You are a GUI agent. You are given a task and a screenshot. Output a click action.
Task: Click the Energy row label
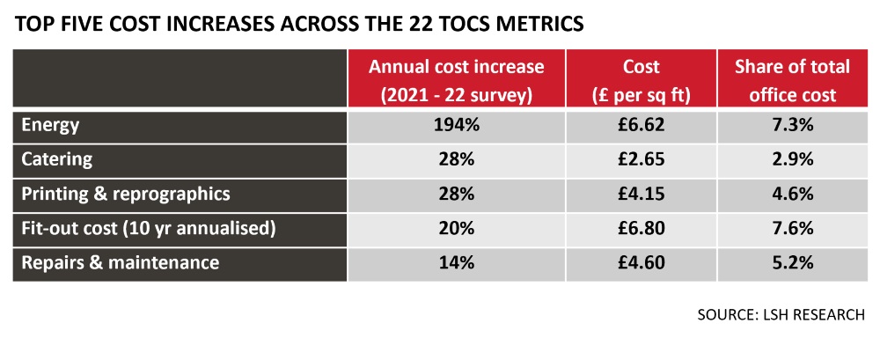[x=51, y=126]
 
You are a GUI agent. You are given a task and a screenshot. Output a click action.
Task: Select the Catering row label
[x=57, y=159]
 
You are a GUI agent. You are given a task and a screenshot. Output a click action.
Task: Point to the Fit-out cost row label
[x=149, y=228]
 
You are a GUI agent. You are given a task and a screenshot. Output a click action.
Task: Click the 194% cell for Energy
[x=456, y=126]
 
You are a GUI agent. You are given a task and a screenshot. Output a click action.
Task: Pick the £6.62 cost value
[x=640, y=126]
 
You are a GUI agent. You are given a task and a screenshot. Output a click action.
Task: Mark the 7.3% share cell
[x=792, y=126]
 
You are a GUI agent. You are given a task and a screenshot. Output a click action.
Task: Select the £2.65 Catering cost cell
[x=640, y=159]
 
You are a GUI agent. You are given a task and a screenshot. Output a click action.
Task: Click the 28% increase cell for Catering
[x=456, y=159]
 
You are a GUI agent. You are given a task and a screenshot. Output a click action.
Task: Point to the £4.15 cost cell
[x=640, y=194]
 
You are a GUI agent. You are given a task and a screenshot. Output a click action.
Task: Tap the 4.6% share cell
[x=792, y=194]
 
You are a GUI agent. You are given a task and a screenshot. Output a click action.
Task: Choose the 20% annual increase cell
[x=456, y=228]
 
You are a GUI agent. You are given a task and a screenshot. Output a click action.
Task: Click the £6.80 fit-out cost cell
[x=640, y=228]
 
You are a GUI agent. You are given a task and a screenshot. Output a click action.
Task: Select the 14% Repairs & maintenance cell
[x=456, y=262]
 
